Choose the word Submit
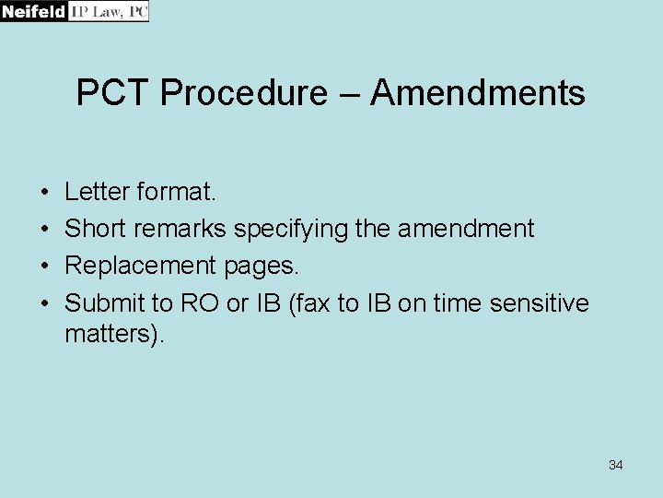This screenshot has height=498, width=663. (104, 302)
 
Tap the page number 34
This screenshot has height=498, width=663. (616, 465)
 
